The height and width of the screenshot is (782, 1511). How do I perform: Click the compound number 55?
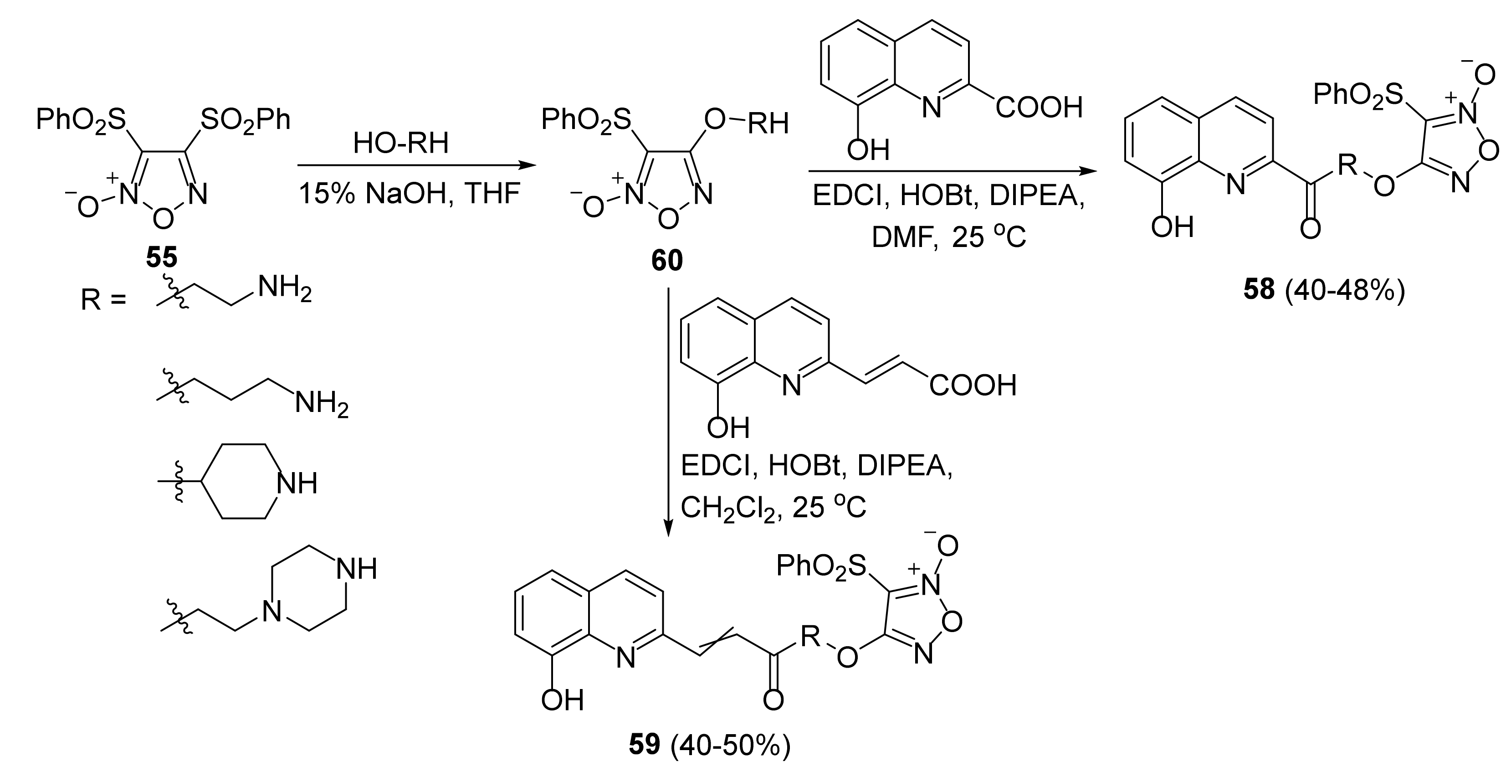tap(161, 257)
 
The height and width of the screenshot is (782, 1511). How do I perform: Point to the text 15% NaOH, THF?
tap(410, 194)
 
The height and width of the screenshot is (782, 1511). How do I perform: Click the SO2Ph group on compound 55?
tap(245, 120)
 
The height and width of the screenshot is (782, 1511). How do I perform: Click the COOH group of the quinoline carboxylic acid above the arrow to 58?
tap(1038, 108)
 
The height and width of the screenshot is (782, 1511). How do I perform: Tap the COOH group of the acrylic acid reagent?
tap(973, 386)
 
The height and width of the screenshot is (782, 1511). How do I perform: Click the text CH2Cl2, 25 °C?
tap(773, 508)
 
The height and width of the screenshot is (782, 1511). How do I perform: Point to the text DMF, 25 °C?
tap(948, 237)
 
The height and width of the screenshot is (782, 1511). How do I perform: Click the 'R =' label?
tap(103, 301)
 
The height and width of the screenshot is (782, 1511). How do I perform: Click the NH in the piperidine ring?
tap(297, 484)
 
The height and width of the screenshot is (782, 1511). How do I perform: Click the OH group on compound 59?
tap(563, 700)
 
